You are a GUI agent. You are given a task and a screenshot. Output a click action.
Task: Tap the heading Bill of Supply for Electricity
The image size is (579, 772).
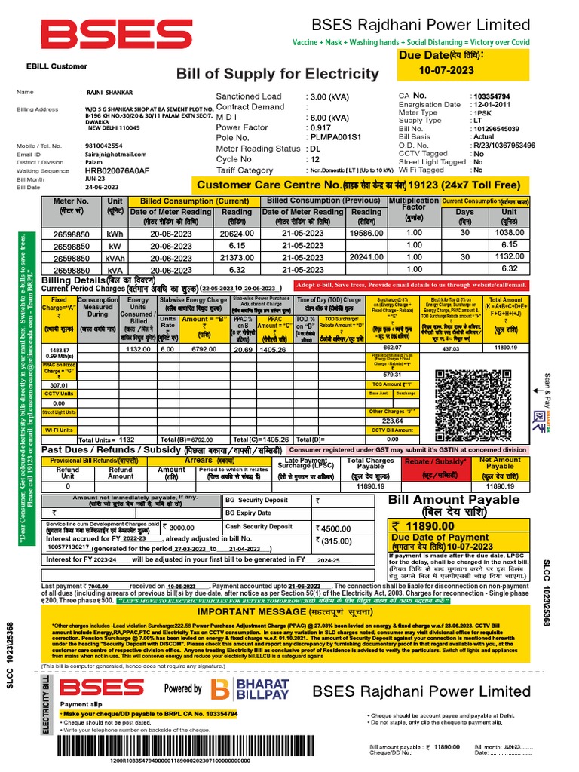click(277, 74)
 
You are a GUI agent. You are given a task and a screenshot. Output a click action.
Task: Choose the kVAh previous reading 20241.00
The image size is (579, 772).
click(367, 257)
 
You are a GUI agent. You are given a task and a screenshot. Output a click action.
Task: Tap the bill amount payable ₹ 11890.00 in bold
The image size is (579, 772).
click(427, 525)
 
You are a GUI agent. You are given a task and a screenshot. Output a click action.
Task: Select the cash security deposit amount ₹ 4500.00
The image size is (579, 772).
click(333, 528)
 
